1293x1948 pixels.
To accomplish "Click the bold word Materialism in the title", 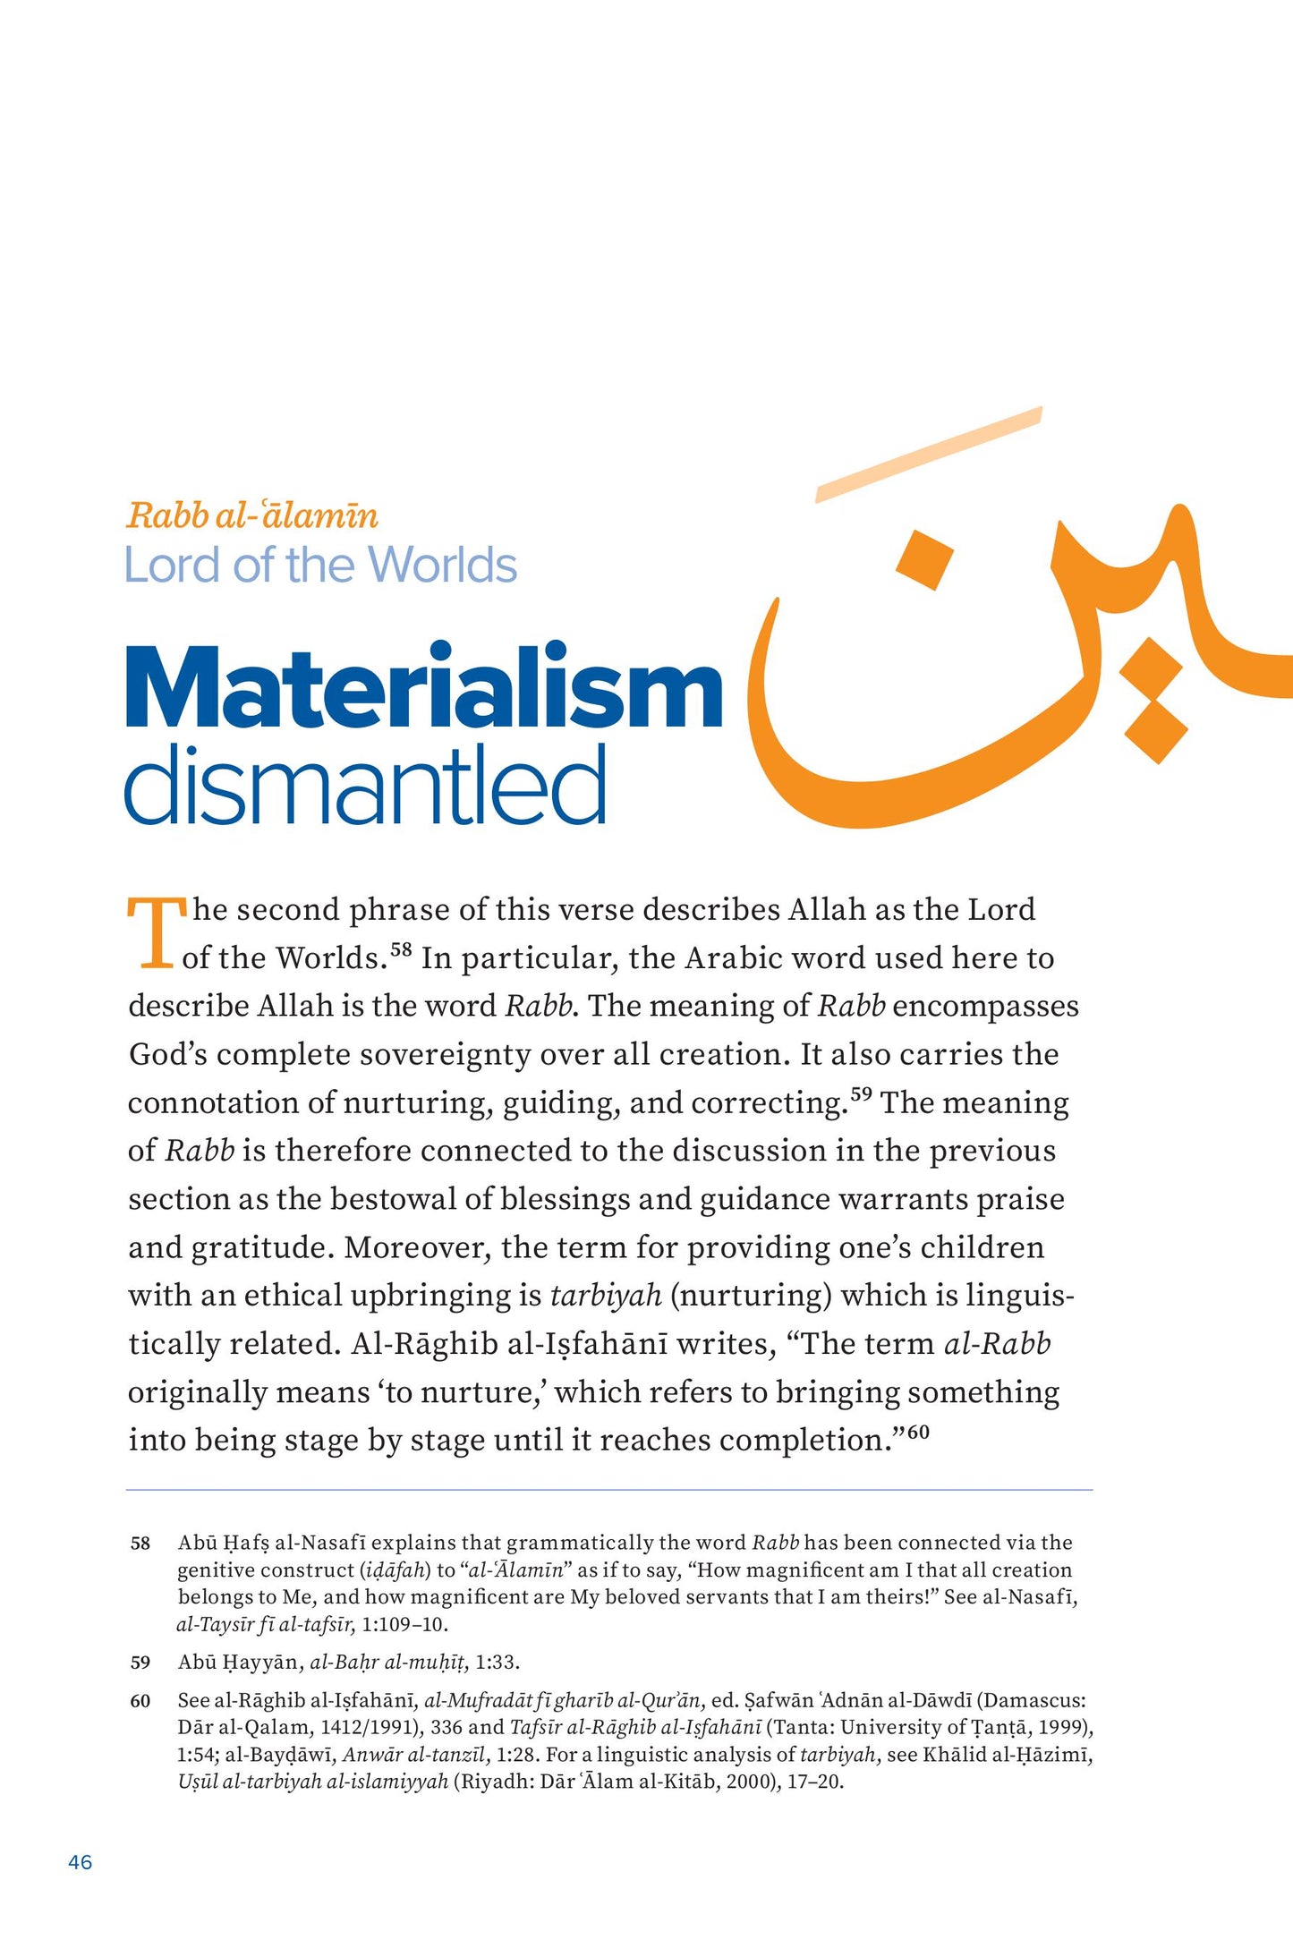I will click(423, 686).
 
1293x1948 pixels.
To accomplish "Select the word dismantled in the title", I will click(365, 786).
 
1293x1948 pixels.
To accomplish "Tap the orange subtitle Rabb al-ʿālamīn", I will click(252, 515).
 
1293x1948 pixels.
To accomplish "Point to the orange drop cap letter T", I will click(155, 932).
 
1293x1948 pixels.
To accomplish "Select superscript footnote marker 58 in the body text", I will click(401, 949).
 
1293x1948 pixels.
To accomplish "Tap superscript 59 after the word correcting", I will click(861, 1093).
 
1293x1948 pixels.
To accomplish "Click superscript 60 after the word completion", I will click(918, 1432).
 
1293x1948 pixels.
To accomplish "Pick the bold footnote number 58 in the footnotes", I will click(140, 1544).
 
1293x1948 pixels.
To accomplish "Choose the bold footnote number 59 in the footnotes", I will click(140, 1663).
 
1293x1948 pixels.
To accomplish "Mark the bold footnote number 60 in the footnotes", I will click(140, 1701).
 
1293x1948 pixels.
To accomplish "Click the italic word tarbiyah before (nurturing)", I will click(606, 1295).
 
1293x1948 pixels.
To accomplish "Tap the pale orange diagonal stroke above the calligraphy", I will click(929, 454).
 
